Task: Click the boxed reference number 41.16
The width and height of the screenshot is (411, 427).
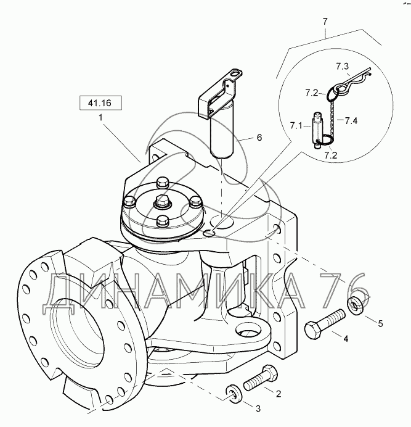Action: pos(100,103)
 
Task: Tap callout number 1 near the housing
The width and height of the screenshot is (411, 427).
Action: pos(100,118)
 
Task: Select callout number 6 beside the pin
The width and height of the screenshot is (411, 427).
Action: pos(259,138)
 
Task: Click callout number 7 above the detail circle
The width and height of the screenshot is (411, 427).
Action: pos(325,21)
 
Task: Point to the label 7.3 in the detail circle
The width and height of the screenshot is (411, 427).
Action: pos(342,66)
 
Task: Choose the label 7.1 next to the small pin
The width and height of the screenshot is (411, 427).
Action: pos(296,126)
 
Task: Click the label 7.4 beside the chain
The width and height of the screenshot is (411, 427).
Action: pos(351,121)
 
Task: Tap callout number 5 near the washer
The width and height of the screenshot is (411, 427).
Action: pos(380,323)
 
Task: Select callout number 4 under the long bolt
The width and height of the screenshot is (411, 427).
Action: pos(346,339)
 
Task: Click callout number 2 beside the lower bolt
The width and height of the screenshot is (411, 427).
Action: pos(279,394)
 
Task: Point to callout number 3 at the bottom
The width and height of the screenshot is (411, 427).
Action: pos(258,408)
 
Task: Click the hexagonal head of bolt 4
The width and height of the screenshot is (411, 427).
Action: pos(313,330)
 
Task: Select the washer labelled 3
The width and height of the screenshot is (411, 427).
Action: pos(234,392)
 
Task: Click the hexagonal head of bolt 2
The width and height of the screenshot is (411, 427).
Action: pos(269,373)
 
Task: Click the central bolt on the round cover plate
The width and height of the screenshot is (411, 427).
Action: pos(161,201)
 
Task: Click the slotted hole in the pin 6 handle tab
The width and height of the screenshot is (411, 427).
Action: pos(236,73)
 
